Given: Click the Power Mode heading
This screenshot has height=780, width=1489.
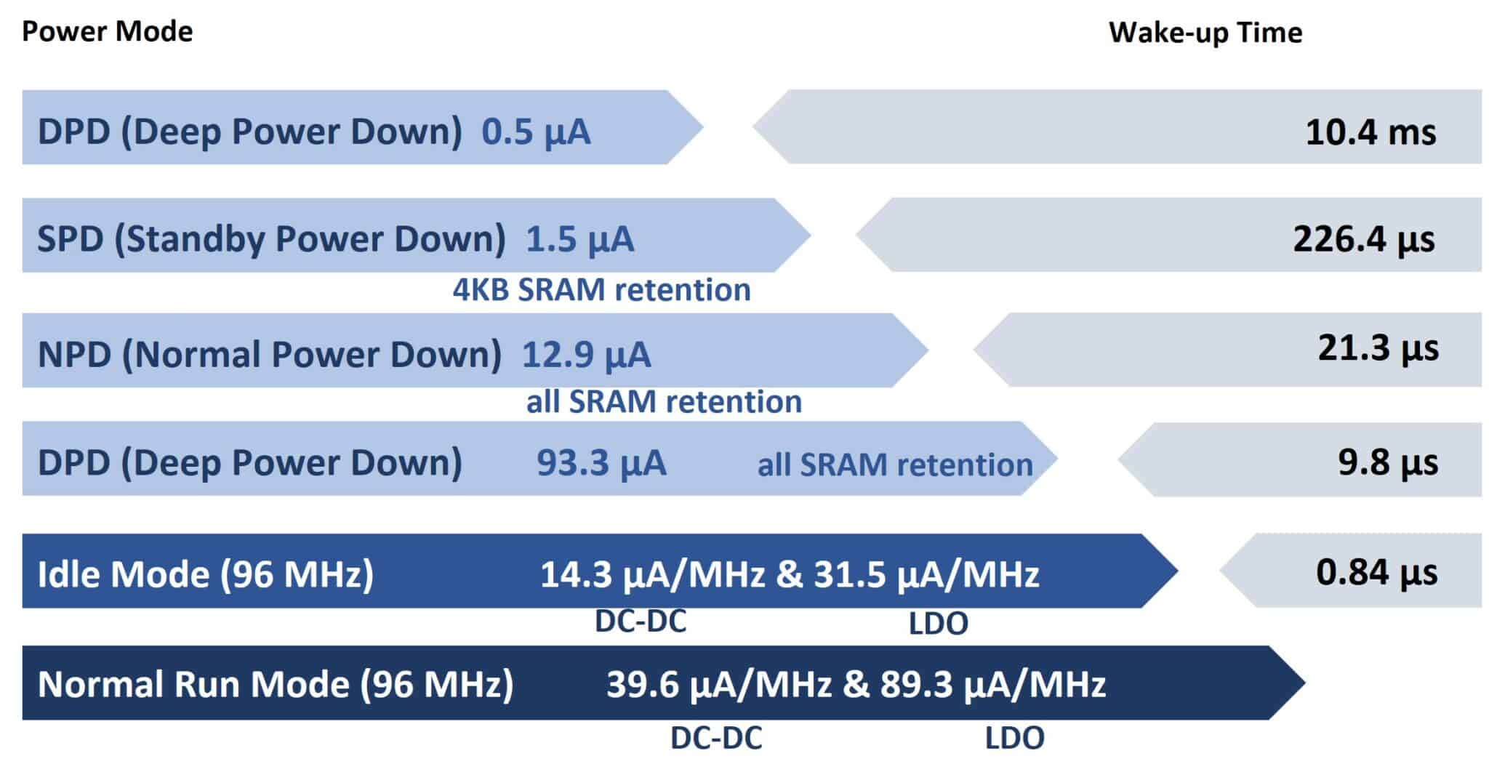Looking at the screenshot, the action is (108, 32).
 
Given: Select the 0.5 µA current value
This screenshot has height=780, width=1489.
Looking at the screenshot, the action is (536, 132).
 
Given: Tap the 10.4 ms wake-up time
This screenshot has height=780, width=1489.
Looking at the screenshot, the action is (1370, 132).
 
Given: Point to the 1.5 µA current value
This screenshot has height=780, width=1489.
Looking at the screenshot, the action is (579, 239).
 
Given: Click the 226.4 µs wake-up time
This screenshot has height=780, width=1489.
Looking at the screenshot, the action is (1364, 239).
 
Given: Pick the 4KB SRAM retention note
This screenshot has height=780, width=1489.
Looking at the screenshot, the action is (601, 290).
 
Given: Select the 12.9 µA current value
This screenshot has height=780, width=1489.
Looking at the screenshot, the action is (586, 355).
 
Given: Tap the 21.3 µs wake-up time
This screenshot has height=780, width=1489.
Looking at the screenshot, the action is (1378, 348).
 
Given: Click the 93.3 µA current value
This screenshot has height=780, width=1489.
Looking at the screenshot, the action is (601, 463).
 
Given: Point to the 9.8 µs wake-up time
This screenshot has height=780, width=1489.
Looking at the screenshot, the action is (1388, 462).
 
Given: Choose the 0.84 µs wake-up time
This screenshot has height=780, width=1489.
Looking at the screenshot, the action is (1377, 572).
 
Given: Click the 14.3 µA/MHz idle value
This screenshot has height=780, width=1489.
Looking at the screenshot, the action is (653, 574).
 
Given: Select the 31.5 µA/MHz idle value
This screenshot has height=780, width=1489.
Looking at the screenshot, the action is (926, 574).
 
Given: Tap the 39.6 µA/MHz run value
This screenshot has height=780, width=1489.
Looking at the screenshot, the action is (719, 685).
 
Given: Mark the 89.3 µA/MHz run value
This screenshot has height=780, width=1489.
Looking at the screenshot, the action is (993, 685).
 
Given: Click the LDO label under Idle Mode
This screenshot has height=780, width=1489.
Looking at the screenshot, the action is (939, 624).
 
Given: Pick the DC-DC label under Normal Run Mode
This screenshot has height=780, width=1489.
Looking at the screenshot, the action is (716, 738).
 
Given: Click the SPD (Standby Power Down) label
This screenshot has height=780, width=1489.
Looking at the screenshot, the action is (271, 239).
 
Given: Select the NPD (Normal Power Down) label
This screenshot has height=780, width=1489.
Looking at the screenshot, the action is (270, 355).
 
